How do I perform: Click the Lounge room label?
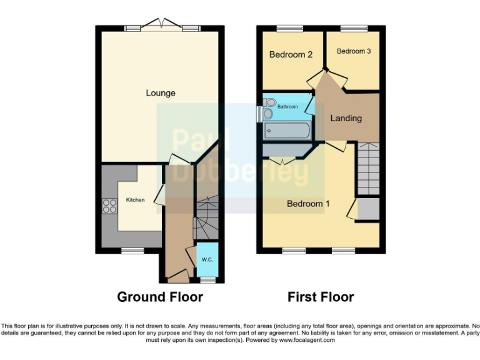161,93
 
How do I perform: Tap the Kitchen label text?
136,200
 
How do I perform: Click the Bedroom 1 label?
308,204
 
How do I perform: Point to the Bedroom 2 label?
291,54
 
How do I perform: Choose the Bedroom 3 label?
354,51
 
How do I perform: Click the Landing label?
346,117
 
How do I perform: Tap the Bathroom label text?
288,107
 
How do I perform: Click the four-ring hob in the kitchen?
109,206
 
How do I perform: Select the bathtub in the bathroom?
287,131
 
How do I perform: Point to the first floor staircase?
368,167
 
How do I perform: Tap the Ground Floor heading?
160,297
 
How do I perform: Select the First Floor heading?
321,297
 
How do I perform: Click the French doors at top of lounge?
162,27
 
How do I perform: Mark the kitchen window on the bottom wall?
131,251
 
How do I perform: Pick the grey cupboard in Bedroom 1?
368,209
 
